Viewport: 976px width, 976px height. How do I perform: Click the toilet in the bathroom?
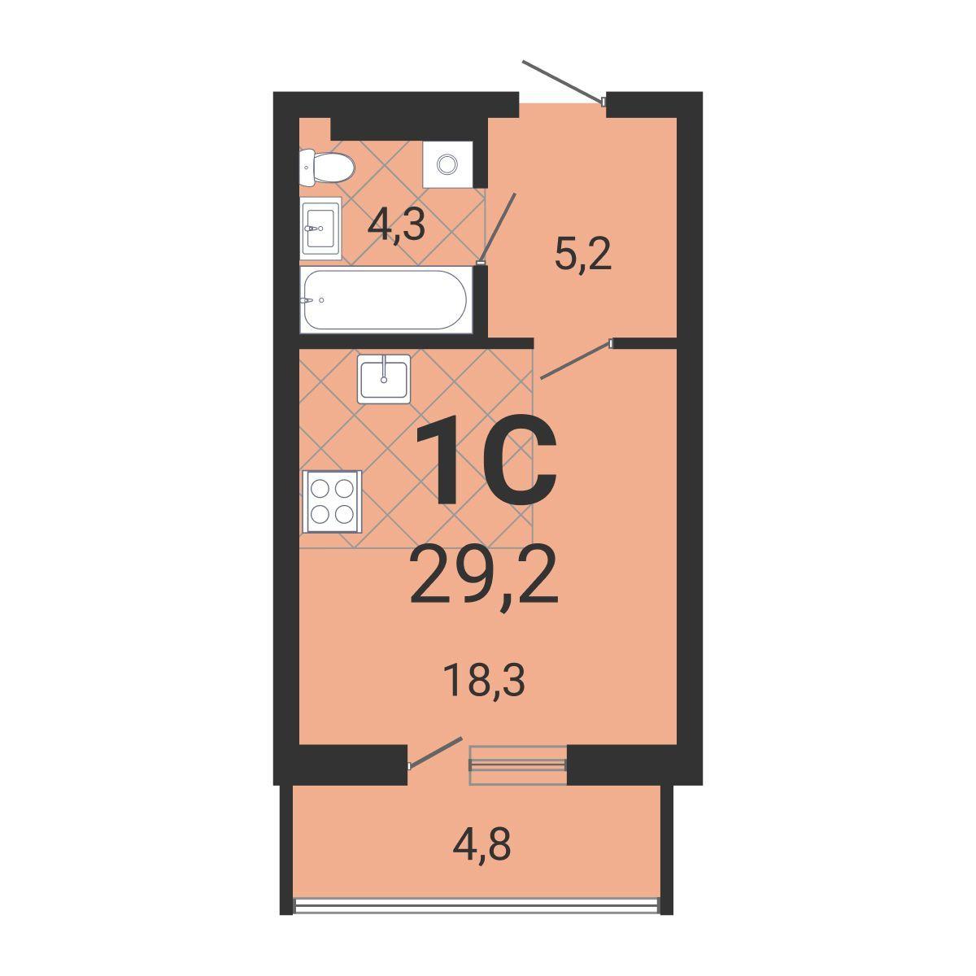pos(326,167)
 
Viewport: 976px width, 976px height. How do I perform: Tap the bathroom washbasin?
pos(321,229)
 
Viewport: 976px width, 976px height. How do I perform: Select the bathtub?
pos(386,300)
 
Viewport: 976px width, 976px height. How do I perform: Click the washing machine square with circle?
pos(447,164)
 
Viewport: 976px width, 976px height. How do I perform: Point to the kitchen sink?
pos(383,379)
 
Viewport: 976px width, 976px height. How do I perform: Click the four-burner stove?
pos(333,502)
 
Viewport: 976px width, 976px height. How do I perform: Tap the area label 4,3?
pos(395,226)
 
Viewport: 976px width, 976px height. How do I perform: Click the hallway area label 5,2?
pos(583,255)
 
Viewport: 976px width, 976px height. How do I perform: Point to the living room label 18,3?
pos(484,682)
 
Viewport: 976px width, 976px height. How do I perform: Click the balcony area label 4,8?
pos(481,845)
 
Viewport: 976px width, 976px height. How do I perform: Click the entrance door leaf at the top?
pos(563,82)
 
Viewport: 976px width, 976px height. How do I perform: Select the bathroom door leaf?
pos(499,228)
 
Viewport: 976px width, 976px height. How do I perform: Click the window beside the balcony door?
pos(517,765)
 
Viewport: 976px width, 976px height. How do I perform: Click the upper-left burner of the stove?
pos(320,488)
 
